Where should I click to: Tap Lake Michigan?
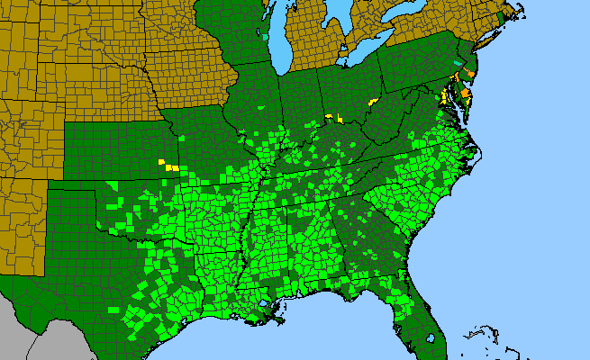(x=280, y=45)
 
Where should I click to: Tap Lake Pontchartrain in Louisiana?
(x=267, y=306)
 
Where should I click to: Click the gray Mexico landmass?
(x=27, y=333)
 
